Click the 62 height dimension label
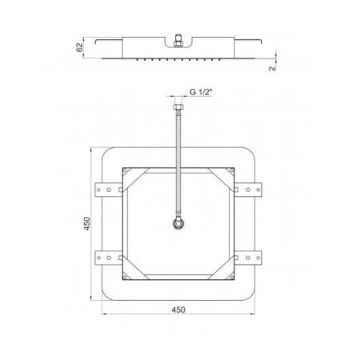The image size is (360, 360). pos(79,47)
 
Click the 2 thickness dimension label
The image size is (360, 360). pos(272,68)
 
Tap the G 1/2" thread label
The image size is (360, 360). pos(201,92)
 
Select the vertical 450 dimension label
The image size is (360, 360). pos(87,223)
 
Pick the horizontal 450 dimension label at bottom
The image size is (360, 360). pos(178,310)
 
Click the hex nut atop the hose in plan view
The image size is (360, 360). pos(178,107)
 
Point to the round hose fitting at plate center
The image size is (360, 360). pos(178,223)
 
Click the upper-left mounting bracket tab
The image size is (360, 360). pos(109,190)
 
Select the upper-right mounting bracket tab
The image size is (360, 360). pos(248,190)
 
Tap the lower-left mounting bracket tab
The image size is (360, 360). pos(109,258)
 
